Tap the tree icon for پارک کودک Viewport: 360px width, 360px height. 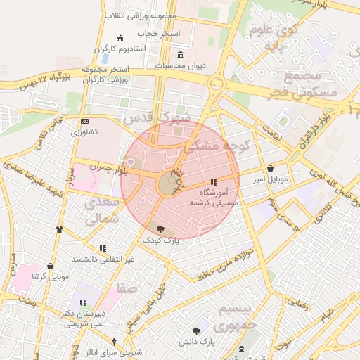pyautogui.click(x=161, y=229)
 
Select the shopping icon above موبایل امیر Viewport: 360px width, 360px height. pyautogui.click(x=271, y=169)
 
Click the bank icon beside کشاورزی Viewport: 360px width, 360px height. pyautogui.click(x=85, y=121)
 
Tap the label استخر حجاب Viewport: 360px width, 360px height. pyautogui.click(x=159, y=33)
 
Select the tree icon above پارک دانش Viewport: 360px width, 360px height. pyautogui.click(x=197, y=330)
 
